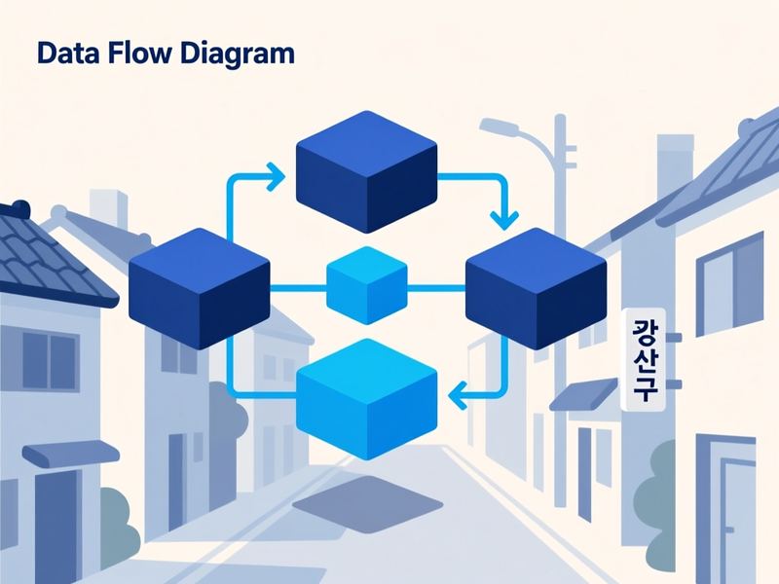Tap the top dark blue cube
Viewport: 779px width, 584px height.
(x=367, y=171)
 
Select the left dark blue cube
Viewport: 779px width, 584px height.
(x=200, y=288)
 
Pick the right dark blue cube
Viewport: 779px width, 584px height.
(x=536, y=288)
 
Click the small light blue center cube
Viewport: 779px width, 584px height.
(x=367, y=285)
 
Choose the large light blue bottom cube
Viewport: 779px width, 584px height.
(x=367, y=399)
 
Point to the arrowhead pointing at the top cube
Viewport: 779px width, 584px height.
(x=276, y=176)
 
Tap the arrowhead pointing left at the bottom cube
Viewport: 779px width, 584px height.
(x=457, y=395)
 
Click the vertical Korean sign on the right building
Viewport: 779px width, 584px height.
(x=644, y=359)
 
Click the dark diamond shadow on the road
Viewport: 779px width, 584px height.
(x=368, y=504)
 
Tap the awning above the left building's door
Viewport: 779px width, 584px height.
(x=71, y=454)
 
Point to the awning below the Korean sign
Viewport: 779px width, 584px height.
(x=583, y=394)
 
